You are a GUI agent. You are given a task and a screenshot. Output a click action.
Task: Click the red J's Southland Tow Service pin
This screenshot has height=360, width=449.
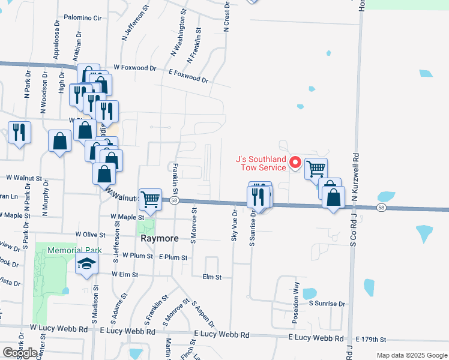point(295,162)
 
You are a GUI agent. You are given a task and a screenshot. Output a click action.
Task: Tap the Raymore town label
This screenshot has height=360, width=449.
point(159,238)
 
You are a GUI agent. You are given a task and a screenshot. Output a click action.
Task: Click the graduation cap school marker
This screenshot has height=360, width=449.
point(86,264)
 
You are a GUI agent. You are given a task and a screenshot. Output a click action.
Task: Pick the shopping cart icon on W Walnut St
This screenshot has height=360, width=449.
point(149,199)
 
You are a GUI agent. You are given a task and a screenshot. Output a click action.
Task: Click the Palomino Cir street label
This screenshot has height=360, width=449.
point(82,19)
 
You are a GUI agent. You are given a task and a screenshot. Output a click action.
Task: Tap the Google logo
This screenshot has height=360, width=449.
point(20,353)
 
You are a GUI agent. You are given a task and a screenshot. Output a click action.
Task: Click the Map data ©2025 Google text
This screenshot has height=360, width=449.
point(412,355)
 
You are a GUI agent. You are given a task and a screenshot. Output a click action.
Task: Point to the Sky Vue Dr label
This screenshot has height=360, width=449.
point(234,226)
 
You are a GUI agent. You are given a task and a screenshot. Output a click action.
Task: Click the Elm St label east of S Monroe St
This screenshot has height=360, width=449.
point(212,277)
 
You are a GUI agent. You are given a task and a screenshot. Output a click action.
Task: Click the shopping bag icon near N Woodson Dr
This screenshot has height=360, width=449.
point(59,141)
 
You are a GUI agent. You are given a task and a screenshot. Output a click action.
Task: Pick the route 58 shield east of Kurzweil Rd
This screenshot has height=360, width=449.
point(381,208)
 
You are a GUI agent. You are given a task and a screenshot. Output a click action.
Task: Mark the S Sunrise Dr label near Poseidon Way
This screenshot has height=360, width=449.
point(327,304)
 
